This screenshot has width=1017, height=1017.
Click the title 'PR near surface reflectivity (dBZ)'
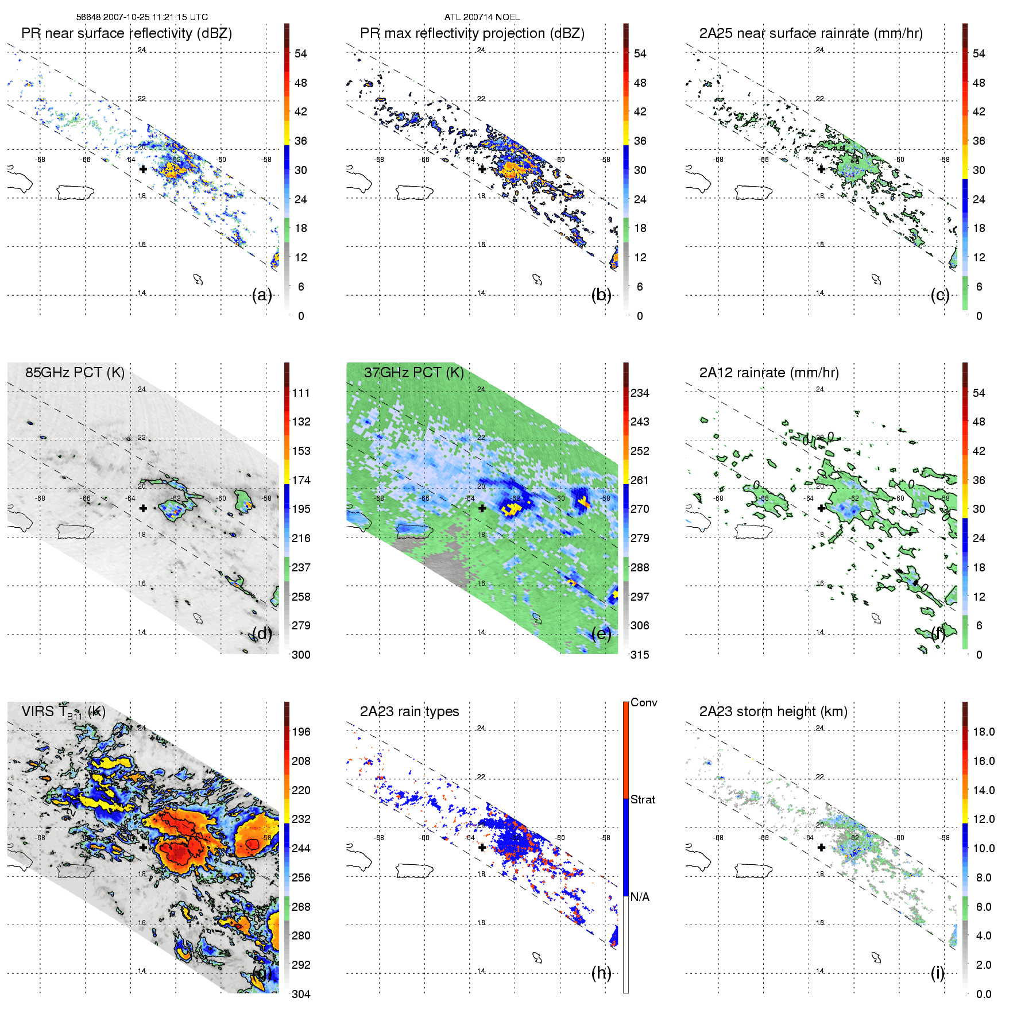pos(126,33)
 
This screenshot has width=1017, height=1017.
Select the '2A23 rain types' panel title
pos(409,711)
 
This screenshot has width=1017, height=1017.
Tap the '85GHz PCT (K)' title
pos(75,373)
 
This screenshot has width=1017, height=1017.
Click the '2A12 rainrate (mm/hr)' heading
pos(769,373)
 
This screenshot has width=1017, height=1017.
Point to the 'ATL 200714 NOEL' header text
pos(482,17)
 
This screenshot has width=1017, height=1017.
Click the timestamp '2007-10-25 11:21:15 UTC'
pos(156,17)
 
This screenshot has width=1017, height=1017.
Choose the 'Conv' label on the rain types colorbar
pos(644,703)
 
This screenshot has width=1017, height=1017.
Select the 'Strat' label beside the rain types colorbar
pos(643,799)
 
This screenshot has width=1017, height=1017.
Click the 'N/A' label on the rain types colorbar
pos(640,897)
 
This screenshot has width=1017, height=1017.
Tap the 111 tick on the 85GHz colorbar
pos(301,393)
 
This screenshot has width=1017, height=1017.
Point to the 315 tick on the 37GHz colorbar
pos(640,655)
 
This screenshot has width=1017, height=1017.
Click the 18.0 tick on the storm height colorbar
pos(984,732)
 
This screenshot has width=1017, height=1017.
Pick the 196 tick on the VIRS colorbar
pos(301,732)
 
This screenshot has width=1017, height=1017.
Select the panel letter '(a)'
pos(262,295)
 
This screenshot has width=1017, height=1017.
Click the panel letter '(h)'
pos(601,973)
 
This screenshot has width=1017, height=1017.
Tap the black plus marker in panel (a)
pos(143,169)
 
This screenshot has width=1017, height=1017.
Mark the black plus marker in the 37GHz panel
pos(482,508)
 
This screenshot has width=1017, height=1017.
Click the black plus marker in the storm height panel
pos(821,848)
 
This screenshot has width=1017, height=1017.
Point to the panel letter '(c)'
pos(940,295)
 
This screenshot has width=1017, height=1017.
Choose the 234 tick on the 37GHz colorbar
pos(640,393)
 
